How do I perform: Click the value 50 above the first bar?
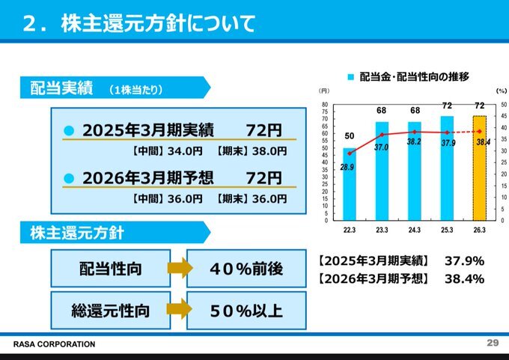(350, 136)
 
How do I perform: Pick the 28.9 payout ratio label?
(347, 168)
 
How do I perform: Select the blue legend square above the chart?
(350, 77)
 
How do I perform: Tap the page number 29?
(492, 343)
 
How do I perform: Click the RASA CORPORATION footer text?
(55, 344)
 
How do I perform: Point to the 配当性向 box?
(111, 269)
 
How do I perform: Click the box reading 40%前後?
(246, 269)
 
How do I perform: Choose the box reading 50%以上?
(246, 310)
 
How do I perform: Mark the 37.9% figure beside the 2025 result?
(463, 261)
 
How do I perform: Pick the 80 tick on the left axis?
(325, 105)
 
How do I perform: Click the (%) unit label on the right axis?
(501, 91)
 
